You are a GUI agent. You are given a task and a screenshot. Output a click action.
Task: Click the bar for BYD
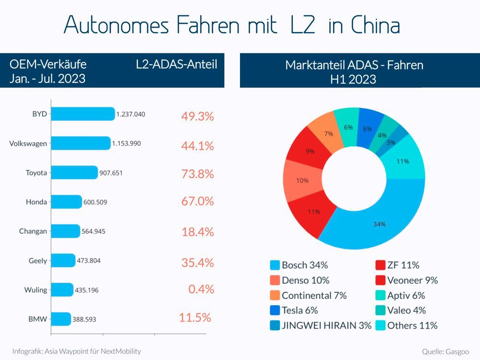tap(83, 114)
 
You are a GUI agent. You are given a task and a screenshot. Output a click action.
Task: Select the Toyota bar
tap(74, 173)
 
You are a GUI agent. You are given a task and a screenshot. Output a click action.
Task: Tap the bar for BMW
tap(61, 319)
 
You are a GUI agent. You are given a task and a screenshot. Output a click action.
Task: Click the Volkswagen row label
tap(28, 144)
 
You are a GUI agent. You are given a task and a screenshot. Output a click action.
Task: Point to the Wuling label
tap(36, 290)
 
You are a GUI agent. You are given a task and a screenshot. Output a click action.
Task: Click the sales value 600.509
tap(95, 202)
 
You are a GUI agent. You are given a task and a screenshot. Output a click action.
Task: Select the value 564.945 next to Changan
tap(93, 231)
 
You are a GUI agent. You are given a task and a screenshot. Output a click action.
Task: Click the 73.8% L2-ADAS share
tap(197, 174)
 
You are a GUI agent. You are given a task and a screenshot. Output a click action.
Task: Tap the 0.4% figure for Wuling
tap(201, 289)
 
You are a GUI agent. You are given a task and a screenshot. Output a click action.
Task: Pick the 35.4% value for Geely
tap(197, 263)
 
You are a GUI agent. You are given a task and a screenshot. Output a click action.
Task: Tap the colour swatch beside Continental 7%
tap(275, 295)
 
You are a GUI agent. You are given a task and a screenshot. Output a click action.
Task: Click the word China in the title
tap(375, 25)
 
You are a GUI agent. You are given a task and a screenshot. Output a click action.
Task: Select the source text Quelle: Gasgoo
tap(445, 352)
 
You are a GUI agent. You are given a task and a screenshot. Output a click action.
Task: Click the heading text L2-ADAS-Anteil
tap(177, 65)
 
